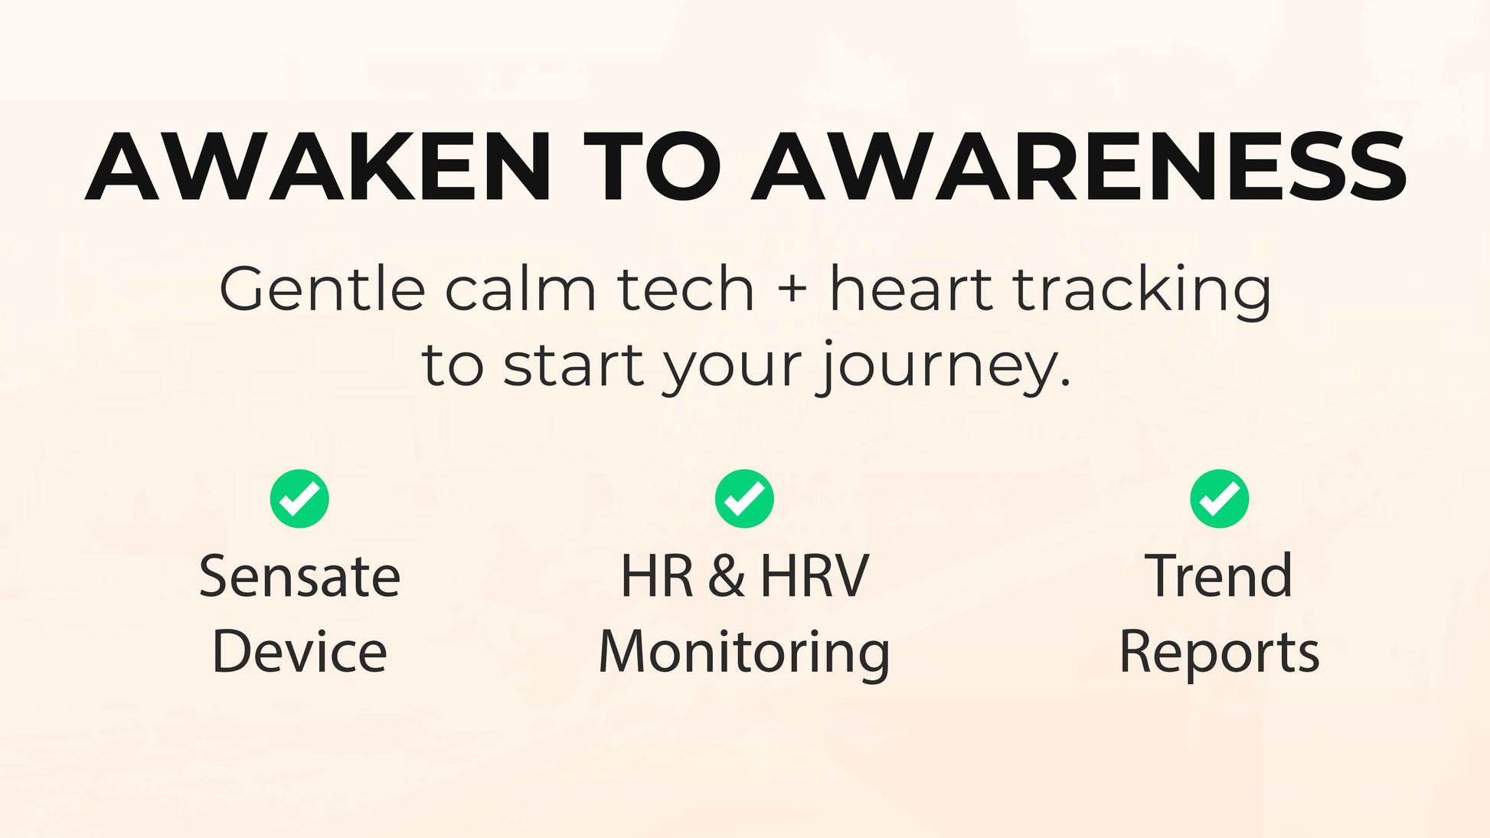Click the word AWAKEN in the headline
318,167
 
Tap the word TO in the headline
652,167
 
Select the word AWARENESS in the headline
1079,167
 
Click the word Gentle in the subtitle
322,290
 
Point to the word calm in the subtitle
521,290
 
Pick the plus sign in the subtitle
792,292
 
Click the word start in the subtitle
573,366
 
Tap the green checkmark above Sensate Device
299,499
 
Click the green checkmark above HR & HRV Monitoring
744,499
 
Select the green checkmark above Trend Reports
1220,499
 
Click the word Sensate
299,576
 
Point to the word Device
299,652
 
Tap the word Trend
1219,576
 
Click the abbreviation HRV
815,576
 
